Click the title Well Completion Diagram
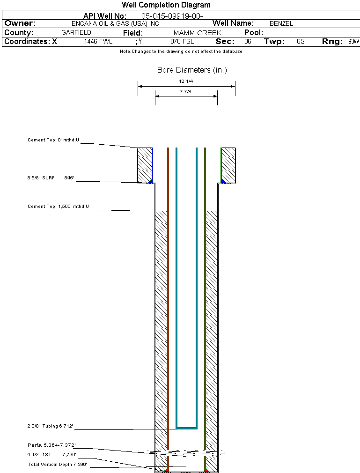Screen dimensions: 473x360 click(166, 5)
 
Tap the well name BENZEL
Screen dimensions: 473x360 click(281, 23)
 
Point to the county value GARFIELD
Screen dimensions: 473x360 click(76, 33)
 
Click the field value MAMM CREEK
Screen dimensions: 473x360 click(197, 33)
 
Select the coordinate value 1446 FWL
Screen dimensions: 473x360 click(98, 42)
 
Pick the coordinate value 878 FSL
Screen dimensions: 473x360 click(182, 42)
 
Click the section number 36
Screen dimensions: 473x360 click(248, 42)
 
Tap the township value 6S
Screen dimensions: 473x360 click(301, 42)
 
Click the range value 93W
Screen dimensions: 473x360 click(353, 42)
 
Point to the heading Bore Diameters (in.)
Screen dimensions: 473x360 click(192, 70)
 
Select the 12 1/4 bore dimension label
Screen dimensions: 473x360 click(186, 81)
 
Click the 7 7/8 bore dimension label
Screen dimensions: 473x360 click(186, 92)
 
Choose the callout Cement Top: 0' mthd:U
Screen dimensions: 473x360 click(53, 140)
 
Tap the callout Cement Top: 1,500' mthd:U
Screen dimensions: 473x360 click(58, 206)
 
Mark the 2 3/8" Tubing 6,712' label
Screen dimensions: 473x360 click(50, 426)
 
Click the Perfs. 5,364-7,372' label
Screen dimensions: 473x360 click(51, 445)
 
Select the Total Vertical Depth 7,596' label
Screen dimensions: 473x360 click(57, 464)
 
